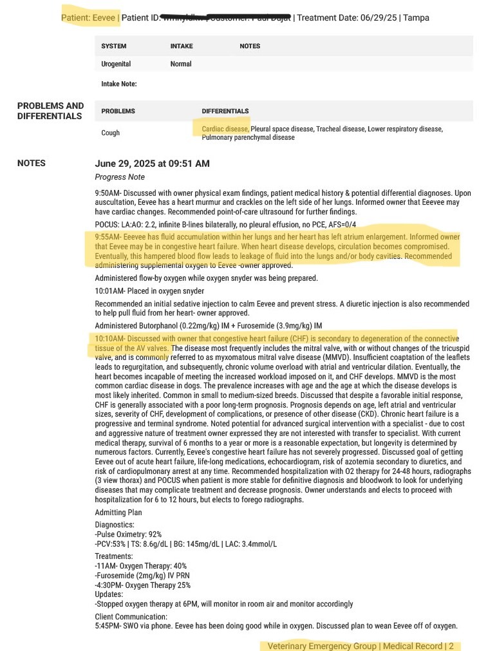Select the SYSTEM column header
[x=114, y=46]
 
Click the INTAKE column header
[x=182, y=46]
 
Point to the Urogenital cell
[x=116, y=64]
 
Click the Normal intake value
[x=181, y=64]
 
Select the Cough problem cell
[x=111, y=133]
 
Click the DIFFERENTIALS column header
[x=225, y=111]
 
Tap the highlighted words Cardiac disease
[x=225, y=129]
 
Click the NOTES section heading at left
[x=32, y=164]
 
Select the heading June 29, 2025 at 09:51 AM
[x=152, y=164]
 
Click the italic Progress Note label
[x=120, y=177]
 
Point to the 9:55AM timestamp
[x=108, y=237]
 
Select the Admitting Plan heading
[x=118, y=513]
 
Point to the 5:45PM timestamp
[x=108, y=625]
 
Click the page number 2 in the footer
[x=451, y=646]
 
